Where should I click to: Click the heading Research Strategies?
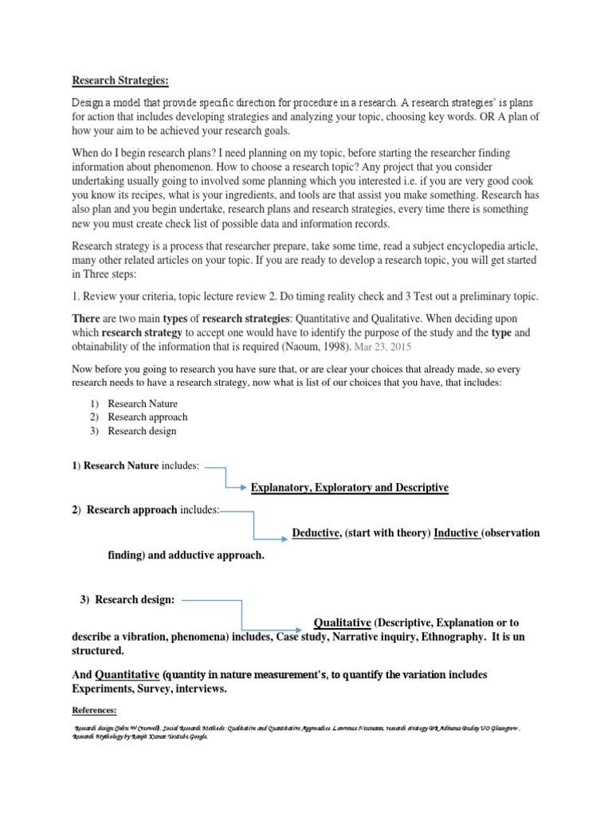coord(121,80)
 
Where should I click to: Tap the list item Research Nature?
coord(143,404)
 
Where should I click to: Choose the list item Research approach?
coord(147,418)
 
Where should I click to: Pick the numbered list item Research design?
coord(143,431)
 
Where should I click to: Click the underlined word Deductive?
coord(316,533)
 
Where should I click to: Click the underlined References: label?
coord(94,710)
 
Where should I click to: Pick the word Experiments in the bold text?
coord(104,689)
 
